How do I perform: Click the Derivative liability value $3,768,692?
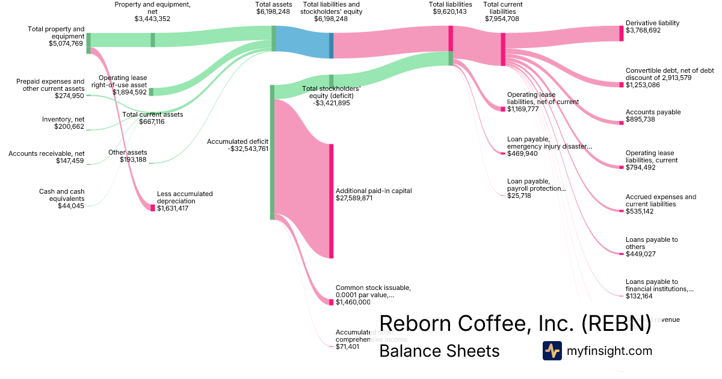(643, 30)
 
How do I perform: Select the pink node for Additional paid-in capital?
(331, 201)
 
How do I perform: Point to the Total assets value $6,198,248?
(273, 11)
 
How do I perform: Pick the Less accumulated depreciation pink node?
(153, 208)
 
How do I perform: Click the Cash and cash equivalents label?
(61, 195)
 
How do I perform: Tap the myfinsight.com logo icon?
(552, 351)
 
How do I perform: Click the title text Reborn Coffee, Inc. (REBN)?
(515, 323)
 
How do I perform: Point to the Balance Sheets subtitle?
(439, 351)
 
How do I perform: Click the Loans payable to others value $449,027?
(640, 254)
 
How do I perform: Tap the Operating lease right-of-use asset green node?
(151, 92)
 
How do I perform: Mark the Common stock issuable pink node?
(331, 302)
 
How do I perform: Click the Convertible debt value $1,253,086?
(643, 85)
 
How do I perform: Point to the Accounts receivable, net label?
(46, 154)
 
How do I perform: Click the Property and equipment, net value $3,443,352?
(152, 19)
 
